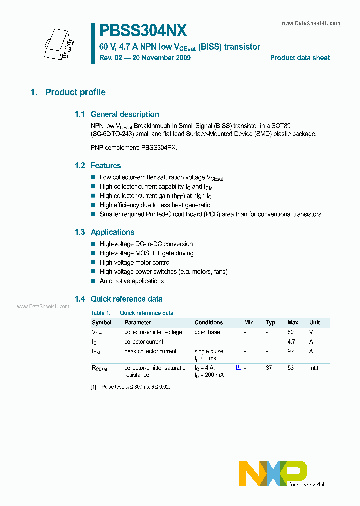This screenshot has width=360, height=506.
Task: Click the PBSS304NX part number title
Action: (x=143, y=31)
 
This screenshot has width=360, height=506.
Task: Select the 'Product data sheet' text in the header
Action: (x=300, y=58)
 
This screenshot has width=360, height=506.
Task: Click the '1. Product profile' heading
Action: (x=68, y=92)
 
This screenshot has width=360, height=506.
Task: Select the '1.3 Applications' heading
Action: (x=104, y=232)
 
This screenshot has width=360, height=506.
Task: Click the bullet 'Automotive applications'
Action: (x=131, y=281)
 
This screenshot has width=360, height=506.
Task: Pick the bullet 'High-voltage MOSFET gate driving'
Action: (x=146, y=253)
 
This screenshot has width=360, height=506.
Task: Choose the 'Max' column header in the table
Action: (x=293, y=322)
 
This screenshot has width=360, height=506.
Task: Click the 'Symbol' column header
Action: (x=102, y=322)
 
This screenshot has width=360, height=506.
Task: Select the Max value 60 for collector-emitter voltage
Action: (x=291, y=332)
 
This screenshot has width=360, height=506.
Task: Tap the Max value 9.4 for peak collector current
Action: (x=292, y=351)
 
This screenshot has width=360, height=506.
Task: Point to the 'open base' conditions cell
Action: (x=207, y=332)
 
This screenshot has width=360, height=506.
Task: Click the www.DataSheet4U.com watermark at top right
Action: (x=310, y=23)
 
